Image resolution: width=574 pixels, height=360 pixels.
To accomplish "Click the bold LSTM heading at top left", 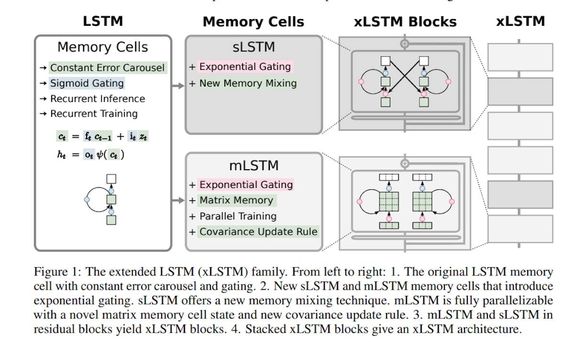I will coord(102,21).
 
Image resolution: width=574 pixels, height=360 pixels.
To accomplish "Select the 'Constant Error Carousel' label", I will coord(108,68).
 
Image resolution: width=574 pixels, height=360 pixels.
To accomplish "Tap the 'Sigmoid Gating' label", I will coord(87,83).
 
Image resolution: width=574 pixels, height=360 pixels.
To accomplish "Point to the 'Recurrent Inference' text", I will coord(97,98).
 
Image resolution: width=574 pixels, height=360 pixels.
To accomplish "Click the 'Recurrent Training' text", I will coord(94,113).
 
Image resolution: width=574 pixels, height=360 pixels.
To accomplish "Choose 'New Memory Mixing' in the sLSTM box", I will coord(248,83).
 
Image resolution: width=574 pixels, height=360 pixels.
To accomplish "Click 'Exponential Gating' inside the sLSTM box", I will coord(244,66).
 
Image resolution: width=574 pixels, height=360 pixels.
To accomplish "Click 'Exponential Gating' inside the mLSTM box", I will coord(246,185).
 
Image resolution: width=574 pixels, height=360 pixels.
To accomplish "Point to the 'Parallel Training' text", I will coord(238,216).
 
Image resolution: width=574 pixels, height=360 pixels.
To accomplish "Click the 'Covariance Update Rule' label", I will coord(258,232).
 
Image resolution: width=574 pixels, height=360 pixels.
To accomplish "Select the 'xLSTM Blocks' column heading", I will coord(405,22).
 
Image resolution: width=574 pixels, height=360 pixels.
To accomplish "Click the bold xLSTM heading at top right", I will coord(520,21).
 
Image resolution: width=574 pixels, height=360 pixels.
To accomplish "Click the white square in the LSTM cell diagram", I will coord(111,179).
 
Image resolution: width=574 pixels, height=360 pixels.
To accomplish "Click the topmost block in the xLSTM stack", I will coord(520,57).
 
